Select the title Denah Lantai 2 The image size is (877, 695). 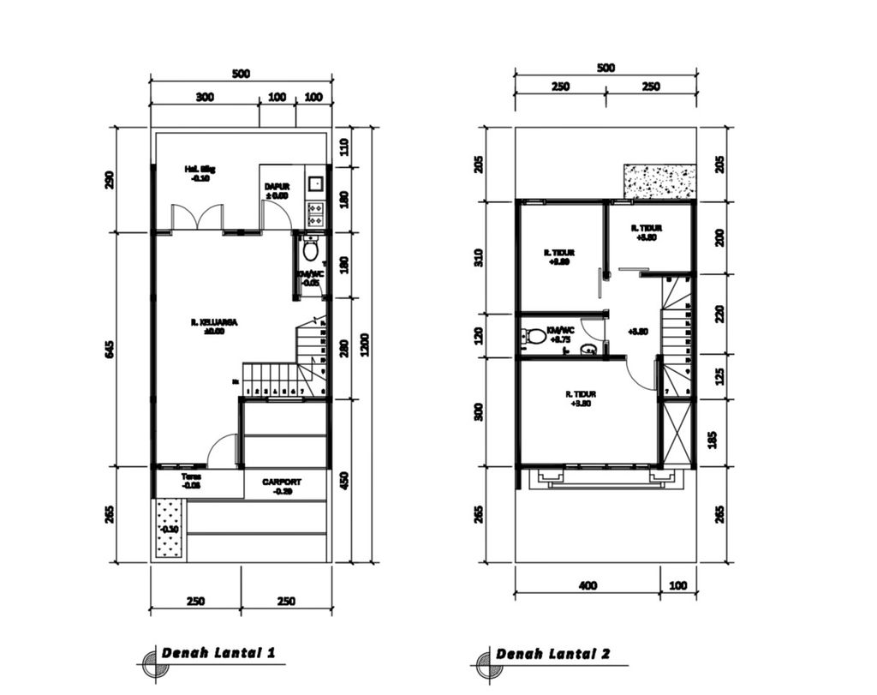(552, 654)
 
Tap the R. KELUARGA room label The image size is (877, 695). (214, 327)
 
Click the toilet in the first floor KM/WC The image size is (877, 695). (310, 250)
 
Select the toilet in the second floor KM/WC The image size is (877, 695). (537, 336)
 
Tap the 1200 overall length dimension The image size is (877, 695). (365, 344)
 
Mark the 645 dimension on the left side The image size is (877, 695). (110, 350)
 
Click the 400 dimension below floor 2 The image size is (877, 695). (588, 585)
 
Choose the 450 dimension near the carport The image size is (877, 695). (344, 480)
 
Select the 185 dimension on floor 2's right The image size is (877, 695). (719, 439)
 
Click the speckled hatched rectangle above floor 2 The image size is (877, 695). (659, 181)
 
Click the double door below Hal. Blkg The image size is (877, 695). (198, 218)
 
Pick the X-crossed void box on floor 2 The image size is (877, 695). (677, 433)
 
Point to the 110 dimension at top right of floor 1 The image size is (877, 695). (344, 147)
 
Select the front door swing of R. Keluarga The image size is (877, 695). (223, 452)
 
